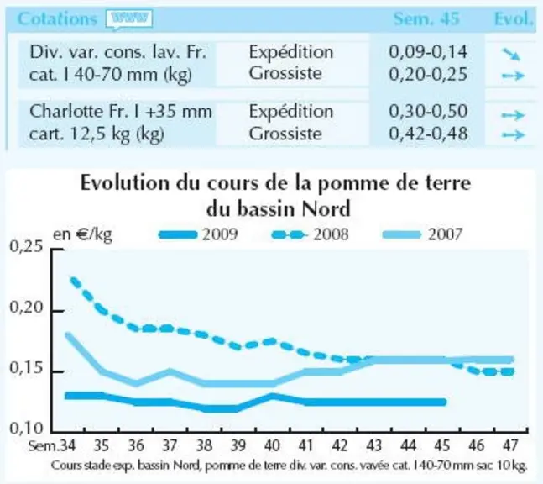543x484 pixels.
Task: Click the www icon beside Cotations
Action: point(129,19)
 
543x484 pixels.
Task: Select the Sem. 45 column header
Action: point(426,18)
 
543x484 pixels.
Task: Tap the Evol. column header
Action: point(514,18)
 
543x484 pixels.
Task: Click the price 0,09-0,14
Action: point(428,51)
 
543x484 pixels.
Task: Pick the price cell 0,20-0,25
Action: point(428,74)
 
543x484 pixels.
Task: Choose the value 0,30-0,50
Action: point(428,111)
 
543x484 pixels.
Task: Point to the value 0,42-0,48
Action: point(428,134)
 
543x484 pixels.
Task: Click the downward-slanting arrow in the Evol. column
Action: point(511,54)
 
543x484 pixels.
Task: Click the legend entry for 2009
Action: point(198,234)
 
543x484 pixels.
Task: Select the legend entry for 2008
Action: point(310,234)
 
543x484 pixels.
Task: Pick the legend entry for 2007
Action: point(422,234)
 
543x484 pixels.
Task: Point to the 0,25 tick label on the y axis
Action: point(22,247)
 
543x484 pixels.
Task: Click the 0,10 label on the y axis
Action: point(22,429)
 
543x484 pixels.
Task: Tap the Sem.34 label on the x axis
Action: point(52,445)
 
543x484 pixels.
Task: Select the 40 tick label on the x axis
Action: point(272,445)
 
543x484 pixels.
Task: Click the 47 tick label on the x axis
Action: point(510,445)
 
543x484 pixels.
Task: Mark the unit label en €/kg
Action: point(82,234)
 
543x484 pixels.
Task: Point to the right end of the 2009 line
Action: point(445,402)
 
